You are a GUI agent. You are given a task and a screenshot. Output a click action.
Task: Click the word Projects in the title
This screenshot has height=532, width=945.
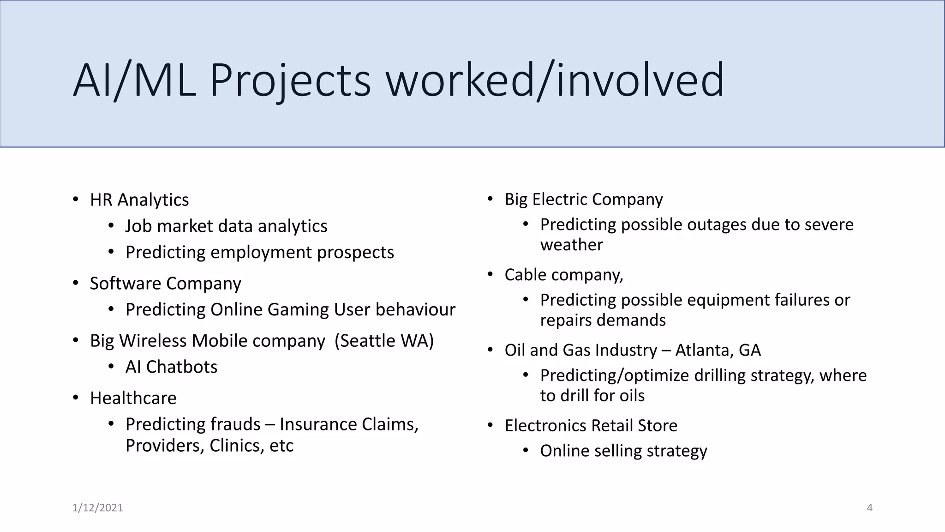click(290, 80)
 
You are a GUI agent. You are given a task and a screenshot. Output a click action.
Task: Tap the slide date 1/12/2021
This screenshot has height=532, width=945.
click(98, 508)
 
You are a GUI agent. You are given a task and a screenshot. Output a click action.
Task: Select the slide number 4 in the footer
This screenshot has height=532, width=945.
click(870, 508)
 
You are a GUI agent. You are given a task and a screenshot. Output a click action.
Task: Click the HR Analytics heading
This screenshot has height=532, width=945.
click(139, 200)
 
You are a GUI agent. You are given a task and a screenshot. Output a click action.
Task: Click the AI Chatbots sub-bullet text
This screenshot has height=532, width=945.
click(171, 367)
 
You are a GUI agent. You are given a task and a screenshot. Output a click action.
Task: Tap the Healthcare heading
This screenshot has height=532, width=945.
click(133, 398)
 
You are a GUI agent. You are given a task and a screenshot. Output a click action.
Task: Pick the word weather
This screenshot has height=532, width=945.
click(571, 245)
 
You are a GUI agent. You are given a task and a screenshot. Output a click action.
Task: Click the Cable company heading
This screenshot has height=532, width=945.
click(564, 275)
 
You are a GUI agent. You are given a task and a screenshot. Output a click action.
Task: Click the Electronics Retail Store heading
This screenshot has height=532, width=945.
click(591, 426)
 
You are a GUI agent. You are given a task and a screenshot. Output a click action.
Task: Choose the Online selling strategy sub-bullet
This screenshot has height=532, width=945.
click(623, 451)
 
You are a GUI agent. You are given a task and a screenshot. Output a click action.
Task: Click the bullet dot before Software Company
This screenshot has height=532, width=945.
click(76, 283)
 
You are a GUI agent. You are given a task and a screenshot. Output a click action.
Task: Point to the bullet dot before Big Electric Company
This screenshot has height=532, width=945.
click(490, 199)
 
